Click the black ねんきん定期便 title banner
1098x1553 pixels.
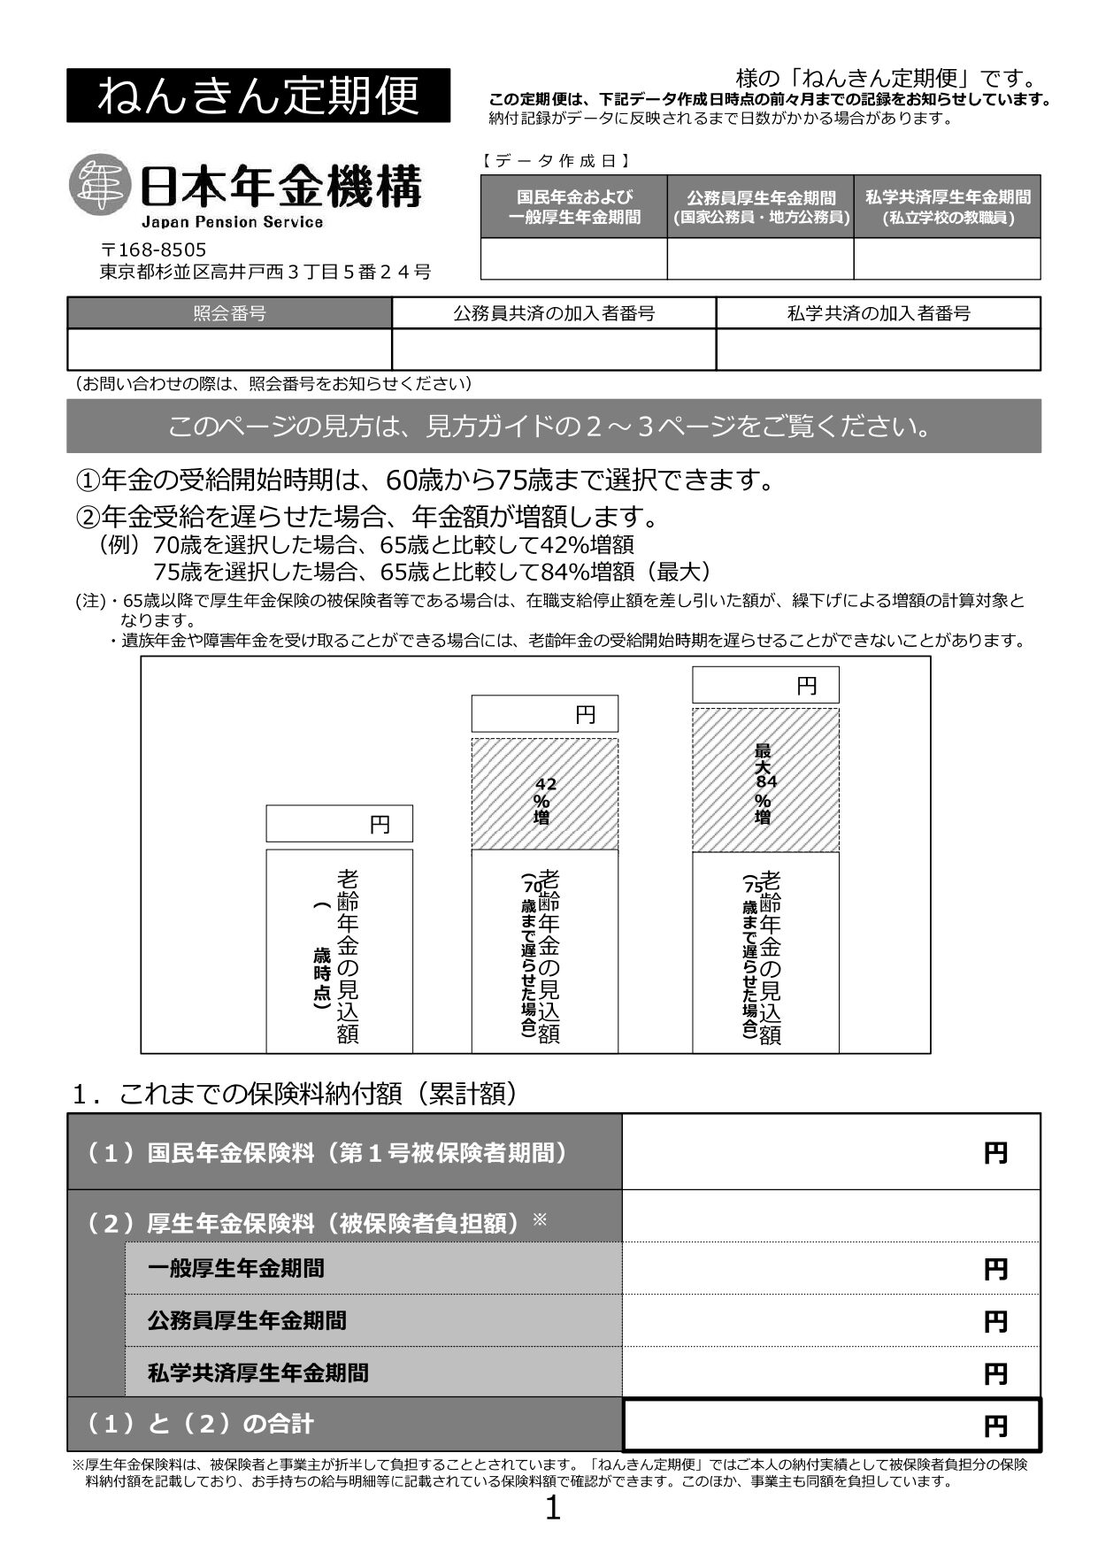coord(257,96)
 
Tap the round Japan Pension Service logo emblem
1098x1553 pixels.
coord(98,185)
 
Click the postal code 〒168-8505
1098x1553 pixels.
coord(153,250)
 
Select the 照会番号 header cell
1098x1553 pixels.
coord(229,313)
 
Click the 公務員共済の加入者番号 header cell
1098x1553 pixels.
coord(554,313)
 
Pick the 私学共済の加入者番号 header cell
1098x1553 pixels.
coord(878,313)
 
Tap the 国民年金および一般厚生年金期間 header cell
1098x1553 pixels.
coord(573,207)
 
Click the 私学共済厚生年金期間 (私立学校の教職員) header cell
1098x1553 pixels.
coord(947,207)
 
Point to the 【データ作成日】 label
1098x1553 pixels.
coord(556,161)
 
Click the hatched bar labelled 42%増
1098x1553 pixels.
coord(544,793)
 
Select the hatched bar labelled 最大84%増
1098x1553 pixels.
coord(765,780)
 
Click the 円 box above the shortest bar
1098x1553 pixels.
coord(340,824)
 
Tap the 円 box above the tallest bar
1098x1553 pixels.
coord(765,685)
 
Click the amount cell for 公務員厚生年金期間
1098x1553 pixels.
coord(831,1320)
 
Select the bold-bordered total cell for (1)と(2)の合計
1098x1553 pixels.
coord(831,1425)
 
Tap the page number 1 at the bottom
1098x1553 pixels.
coord(552,1508)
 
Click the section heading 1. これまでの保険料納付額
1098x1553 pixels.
coord(295,1094)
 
